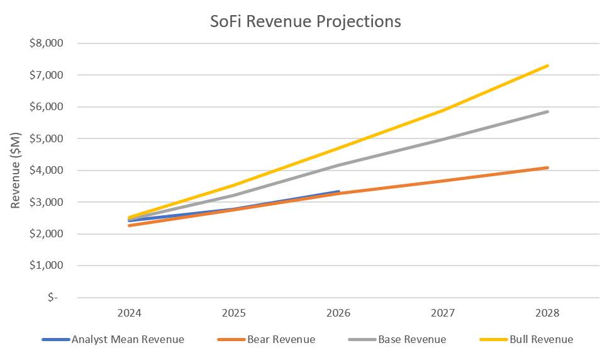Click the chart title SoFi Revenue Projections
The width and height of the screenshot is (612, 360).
coord(305,21)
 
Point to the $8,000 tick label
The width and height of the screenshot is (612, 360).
coord(48,43)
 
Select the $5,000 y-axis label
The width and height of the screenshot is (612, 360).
coord(48,138)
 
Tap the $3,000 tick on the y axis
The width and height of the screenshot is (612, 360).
coord(48,202)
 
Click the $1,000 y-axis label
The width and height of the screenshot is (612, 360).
coord(48,266)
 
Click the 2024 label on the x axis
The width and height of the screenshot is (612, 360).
coord(129,313)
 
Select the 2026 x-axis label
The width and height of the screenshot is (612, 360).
coord(338,313)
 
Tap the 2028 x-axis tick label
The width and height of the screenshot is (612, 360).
coord(548,313)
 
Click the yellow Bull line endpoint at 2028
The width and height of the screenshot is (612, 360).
coord(548,65)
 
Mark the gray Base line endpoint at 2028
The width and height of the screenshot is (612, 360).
coord(548,111)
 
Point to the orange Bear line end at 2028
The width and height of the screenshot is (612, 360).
coord(548,167)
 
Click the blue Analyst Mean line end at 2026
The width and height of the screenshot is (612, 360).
coord(338,191)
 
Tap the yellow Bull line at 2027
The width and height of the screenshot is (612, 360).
coord(443,110)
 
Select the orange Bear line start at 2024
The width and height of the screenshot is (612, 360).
coord(129,225)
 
